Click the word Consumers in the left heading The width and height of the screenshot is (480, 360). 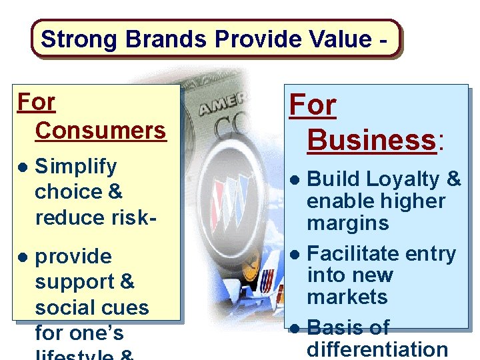pos(101,130)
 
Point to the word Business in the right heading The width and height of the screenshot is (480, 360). pos(371,140)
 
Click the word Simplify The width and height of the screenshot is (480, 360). pos(75,166)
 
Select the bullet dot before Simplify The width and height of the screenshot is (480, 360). pos(23,167)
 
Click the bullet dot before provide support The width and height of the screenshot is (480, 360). pos(23,257)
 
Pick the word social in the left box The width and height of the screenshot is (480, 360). pos(65,307)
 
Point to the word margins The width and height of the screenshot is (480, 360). pos(347,223)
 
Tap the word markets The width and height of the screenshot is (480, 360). pos(347,297)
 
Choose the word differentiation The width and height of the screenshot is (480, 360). pos(377,349)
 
